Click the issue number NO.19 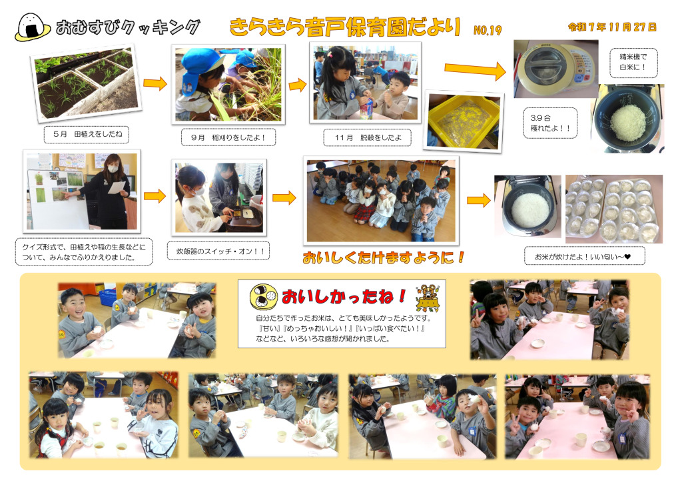488,30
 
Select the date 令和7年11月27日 612,27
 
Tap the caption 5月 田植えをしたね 87,134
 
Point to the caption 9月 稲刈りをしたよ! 228,137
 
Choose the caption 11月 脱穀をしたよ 368,137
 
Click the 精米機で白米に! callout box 633,62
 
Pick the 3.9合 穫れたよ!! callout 549,123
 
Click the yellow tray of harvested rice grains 464,120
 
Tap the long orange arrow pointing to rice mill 475,69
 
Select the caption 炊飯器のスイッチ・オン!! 218,251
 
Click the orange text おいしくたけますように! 383,258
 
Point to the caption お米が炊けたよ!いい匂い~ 583,256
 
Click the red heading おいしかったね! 344,296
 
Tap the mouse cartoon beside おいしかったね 428,298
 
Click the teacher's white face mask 113,169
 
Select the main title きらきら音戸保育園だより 345,27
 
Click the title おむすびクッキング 128,27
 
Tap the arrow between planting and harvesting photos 155,83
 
